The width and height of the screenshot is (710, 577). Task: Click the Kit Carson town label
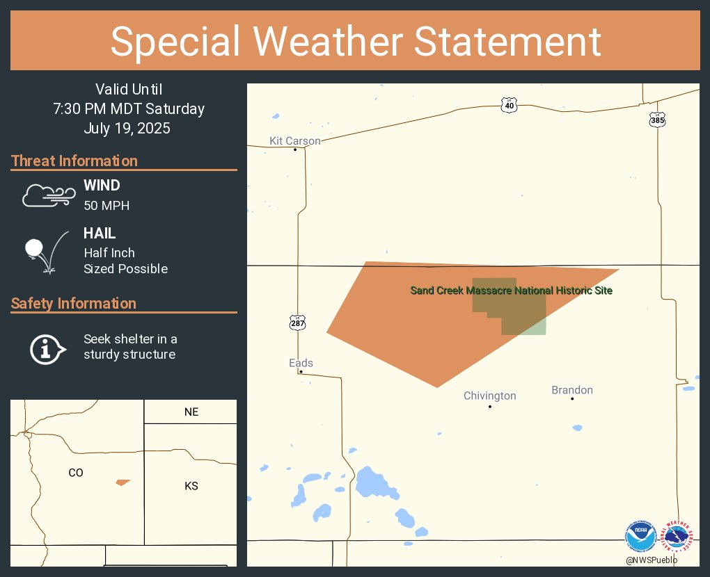[295, 141]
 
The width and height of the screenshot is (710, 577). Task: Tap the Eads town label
[301, 363]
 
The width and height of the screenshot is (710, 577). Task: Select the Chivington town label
[490, 396]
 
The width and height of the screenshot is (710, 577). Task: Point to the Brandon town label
[572, 390]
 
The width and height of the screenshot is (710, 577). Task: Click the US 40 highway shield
[509, 105]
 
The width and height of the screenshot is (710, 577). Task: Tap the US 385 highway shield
[657, 120]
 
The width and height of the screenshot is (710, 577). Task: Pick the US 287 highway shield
[297, 323]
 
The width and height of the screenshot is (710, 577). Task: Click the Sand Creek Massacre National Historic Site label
[512, 290]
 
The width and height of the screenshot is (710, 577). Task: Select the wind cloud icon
[48, 195]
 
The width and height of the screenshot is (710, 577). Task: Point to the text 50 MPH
[106, 206]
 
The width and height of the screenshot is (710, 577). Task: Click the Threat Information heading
[74, 161]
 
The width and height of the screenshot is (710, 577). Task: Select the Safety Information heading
[74, 304]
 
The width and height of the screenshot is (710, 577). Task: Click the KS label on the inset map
[191, 486]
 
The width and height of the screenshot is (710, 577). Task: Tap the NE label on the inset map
[191, 412]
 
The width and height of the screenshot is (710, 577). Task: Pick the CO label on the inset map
[76, 473]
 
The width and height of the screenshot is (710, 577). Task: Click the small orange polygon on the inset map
[123, 482]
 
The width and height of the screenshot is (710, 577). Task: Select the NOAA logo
[640, 536]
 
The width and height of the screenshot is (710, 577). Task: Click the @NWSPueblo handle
[651, 560]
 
